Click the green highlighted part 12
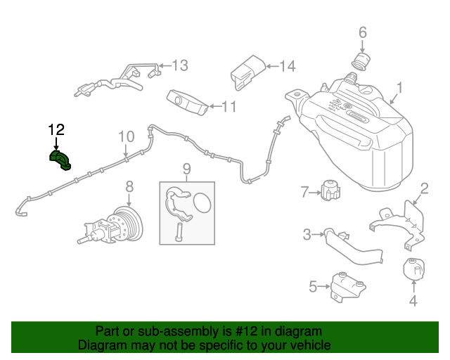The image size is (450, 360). [x=60, y=160]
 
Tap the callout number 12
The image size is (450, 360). [x=56, y=130]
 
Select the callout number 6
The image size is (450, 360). [x=363, y=32]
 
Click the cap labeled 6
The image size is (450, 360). [x=361, y=62]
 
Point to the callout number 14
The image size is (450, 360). [x=288, y=66]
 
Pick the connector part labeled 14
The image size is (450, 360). [x=248, y=72]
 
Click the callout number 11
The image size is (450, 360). [x=229, y=106]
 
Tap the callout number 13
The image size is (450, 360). [x=180, y=65]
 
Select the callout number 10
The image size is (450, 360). [x=127, y=136]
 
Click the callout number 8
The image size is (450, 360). [x=129, y=186]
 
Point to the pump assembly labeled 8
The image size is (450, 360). [x=110, y=226]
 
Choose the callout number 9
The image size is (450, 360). [x=186, y=169]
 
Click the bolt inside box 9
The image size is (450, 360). [x=178, y=232]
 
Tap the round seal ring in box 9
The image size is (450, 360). [x=202, y=203]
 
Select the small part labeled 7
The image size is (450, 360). [x=330, y=190]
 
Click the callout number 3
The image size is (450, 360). [x=307, y=235]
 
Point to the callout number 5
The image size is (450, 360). [x=313, y=286]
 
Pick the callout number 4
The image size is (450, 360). [x=413, y=300]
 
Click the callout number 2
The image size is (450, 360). [x=424, y=188]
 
